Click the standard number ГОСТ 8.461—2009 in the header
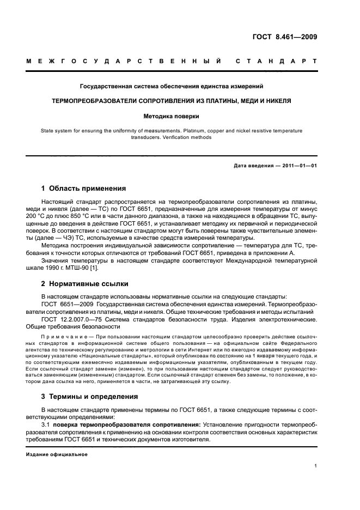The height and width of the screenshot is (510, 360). coord(284,38)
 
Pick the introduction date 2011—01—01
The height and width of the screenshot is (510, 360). coord(295,166)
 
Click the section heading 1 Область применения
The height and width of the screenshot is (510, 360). coord(83,189)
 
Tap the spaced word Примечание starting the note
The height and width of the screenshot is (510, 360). coord(64,338)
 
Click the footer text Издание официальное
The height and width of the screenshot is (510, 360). coord(57,454)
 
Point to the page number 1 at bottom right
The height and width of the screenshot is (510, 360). coord(316,465)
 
